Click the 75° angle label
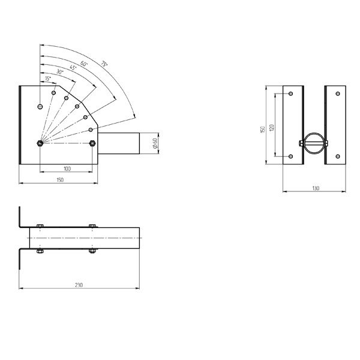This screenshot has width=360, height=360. [104, 64]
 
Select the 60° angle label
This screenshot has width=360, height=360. [84, 64]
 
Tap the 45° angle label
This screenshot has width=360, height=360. [73, 68]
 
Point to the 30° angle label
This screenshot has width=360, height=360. [59, 71]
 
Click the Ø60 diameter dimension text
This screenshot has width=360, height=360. [155, 143]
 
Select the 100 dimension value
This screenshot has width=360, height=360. [67, 169]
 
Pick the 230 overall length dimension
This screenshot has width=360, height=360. [79, 285]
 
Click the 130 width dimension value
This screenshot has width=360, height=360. [316, 188]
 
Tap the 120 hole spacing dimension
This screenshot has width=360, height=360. [272, 128]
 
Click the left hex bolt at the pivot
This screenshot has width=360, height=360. [40, 143]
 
